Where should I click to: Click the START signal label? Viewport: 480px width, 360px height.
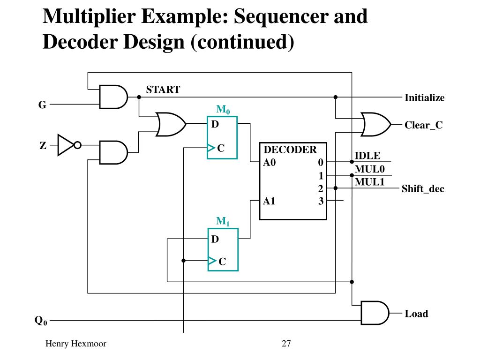point(163,90)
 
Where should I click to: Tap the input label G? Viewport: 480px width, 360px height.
point(42,105)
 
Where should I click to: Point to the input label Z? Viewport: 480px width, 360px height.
point(43,145)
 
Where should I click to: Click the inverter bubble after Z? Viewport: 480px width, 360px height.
point(78,145)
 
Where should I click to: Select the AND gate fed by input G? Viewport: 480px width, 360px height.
point(113,97)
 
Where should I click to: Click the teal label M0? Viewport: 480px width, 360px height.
point(223,109)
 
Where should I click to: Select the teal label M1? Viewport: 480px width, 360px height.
point(223,221)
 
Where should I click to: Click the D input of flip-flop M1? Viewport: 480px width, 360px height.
point(215,239)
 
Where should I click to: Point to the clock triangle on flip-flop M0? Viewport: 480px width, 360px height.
point(211,148)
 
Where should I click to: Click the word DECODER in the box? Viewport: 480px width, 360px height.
point(290,150)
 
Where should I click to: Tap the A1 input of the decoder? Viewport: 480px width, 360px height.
point(269,201)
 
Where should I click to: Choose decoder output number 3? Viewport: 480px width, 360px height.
point(321,201)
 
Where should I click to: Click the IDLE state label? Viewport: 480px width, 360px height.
point(367,156)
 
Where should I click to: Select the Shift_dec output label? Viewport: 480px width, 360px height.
point(423,188)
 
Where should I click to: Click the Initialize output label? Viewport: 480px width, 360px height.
point(425,97)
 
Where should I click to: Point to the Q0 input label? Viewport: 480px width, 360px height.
point(41,321)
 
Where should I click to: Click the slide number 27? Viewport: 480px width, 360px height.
point(286,344)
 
